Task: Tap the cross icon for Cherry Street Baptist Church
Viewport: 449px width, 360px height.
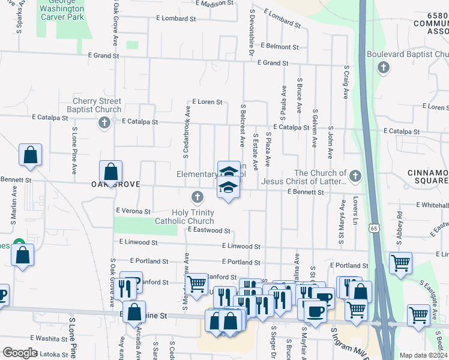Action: [x=104, y=123]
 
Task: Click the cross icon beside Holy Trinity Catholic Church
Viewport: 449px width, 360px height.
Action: [x=197, y=197]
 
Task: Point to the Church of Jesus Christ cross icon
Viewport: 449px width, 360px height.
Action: [x=355, y=176]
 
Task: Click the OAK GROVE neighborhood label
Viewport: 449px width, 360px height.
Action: [x=115, y=185]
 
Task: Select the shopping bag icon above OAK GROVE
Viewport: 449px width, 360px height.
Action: [x=111, y=172]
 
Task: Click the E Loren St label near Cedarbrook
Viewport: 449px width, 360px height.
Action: [x=207, y=103]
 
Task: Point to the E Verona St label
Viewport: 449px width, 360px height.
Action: [x=133, y=211]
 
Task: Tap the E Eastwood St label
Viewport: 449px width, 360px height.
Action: [x=209, y=230]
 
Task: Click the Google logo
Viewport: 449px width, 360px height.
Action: [x=20, y=353]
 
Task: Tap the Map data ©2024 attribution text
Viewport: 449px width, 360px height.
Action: [x=423, y=355]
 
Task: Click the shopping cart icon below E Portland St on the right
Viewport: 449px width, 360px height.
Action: [x=400, y=263]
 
